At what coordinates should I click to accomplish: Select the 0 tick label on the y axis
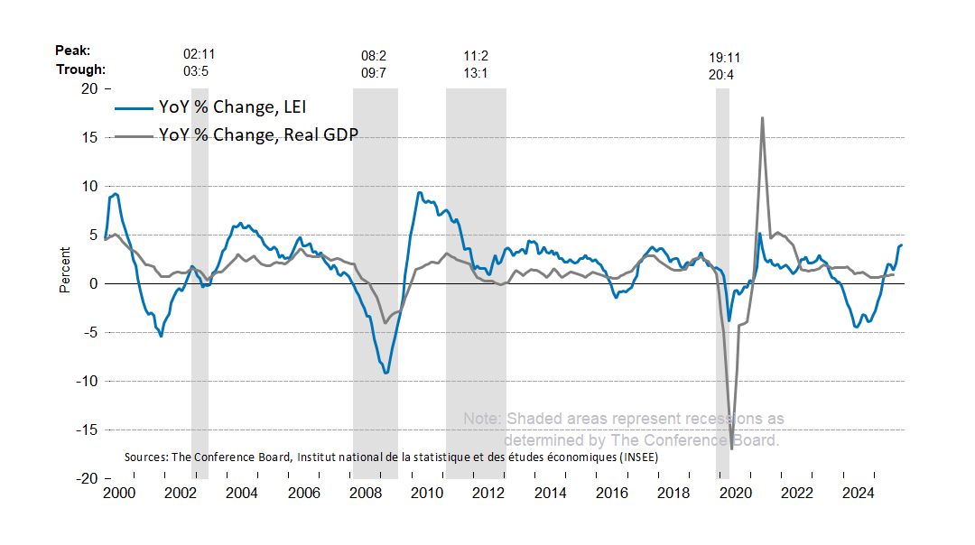(x=93, y=283)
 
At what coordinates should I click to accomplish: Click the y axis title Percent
(x=65, y=271)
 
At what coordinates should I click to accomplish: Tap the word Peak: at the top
(x=73, y=51)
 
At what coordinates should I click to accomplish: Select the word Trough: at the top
(x=80, y=69)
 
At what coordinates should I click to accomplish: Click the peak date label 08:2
(x=374, y=56)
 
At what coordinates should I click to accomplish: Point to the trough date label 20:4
(x=721, y=75)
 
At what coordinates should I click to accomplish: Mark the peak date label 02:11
(x=200, y=56)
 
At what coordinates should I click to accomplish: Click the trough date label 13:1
(x=476, y=73)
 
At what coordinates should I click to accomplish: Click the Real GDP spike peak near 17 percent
(x=763, y=117)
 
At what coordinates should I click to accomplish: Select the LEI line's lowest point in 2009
(x=386, y=373)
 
